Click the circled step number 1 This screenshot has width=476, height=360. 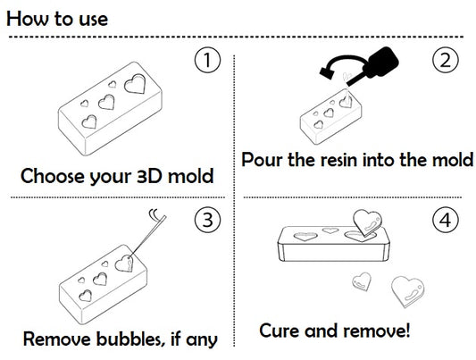point(206,62)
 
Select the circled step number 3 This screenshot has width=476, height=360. point(206,220)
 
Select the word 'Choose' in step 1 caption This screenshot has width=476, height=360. point(57,175)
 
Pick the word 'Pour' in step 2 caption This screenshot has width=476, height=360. point(263,160)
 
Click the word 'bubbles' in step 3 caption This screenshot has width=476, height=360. point(124,339)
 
